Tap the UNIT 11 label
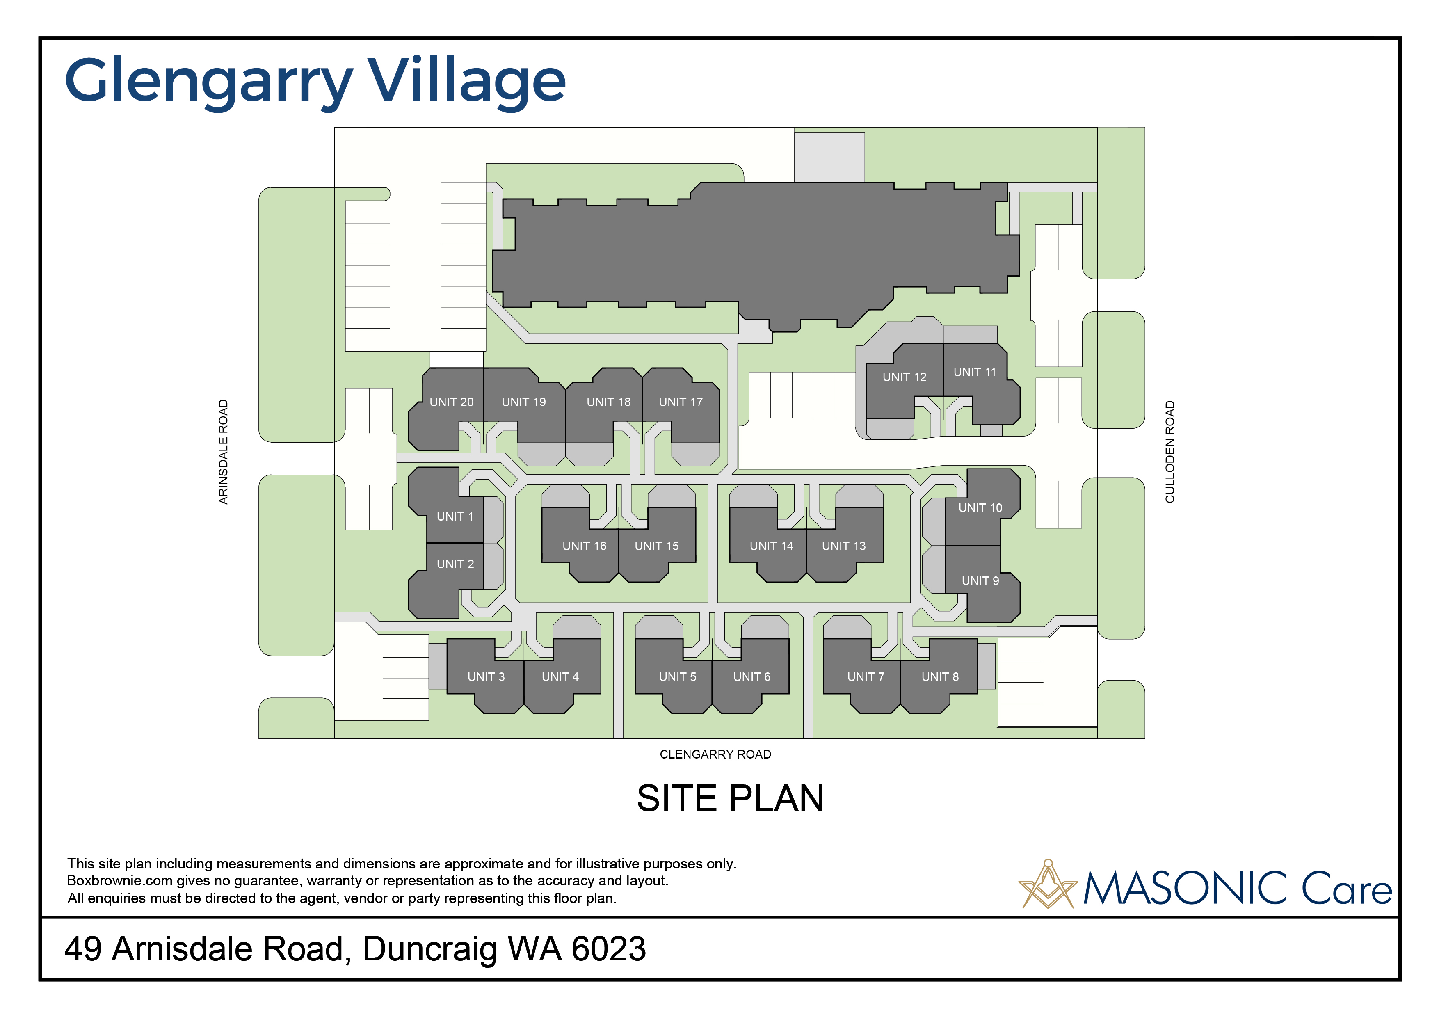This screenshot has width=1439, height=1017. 975,372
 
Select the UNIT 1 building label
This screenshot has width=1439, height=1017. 455,516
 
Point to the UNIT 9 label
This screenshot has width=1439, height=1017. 980,581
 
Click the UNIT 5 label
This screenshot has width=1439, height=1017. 678,677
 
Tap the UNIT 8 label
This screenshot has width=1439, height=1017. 940,677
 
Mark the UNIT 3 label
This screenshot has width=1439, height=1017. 486,677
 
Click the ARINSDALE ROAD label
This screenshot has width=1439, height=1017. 223,452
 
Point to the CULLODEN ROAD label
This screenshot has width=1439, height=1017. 1169,452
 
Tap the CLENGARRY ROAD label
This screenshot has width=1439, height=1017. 715,754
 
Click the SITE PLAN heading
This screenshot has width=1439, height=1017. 730,798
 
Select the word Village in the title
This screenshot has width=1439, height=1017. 466,83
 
